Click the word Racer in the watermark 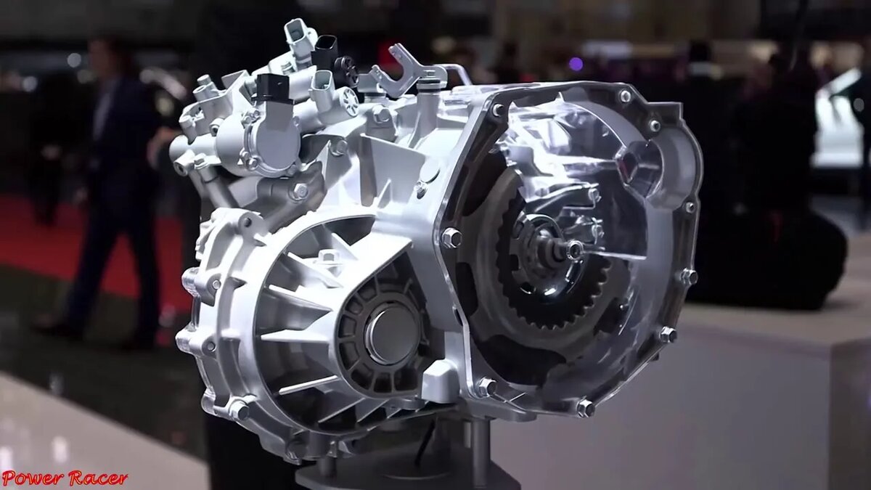coord(97,478)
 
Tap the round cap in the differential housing coord(391,334)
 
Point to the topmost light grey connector coord(298,36)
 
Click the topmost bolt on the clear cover coord(624,96)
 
